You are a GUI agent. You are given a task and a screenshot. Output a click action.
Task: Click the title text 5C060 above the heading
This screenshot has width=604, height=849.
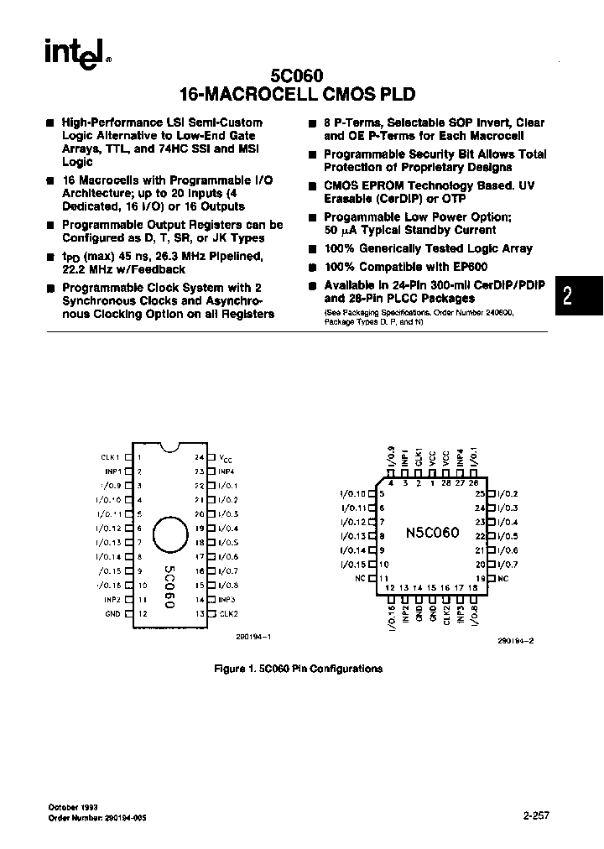click(299, 76)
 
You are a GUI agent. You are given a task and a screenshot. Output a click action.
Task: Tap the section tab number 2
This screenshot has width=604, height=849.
click(568, 296)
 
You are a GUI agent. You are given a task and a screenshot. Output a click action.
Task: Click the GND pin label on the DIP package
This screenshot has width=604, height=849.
click(112, 614)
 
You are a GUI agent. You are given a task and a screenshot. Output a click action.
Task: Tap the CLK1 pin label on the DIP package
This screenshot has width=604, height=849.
click(112, 457)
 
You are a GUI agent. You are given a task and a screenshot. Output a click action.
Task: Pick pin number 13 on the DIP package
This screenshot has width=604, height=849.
click(200, 614)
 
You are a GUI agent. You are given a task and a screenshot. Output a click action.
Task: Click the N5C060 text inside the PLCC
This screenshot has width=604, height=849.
click(430, 533)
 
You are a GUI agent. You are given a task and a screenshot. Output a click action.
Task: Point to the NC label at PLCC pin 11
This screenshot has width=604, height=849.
click(361, 579)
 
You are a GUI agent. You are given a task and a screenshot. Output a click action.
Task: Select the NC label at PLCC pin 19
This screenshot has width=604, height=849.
click(503, 579)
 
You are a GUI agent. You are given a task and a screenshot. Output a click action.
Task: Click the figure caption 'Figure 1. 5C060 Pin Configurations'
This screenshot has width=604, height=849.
click(299, 669)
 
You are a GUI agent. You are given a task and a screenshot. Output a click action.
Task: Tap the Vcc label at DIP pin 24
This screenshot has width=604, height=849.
click(225, 458)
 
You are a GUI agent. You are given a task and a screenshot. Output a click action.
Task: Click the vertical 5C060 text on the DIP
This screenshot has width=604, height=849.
click(169, 587)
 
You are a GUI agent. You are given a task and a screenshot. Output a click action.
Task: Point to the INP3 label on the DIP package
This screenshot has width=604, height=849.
click(227, 600)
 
